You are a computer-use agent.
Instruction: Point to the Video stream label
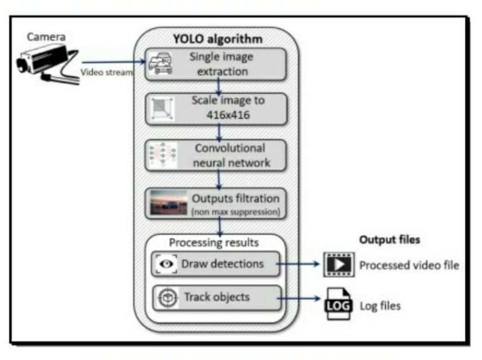coord(106,72)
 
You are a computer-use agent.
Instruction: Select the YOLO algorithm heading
coord(217,39)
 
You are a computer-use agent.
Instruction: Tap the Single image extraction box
coord(217,64)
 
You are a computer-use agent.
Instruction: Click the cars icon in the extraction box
coord(161,64)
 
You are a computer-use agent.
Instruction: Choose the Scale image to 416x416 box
coord(217,109)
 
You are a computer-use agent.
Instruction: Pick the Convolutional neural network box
coord(217,154)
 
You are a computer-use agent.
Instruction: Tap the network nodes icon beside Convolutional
coord(161,154)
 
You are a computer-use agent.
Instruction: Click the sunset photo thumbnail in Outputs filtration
coord(168,202)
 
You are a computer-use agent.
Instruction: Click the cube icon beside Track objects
coord(167,297)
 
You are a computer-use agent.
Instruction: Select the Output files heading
coord(390,240)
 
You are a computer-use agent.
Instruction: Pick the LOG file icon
coord(338,305)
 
